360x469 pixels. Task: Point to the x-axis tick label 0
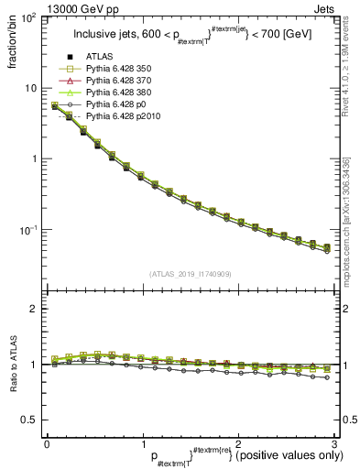click(x=47, y=443)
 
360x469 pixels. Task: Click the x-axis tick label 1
click(x=142, y=443)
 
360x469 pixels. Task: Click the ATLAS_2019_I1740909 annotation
click(x=190, y=274)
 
